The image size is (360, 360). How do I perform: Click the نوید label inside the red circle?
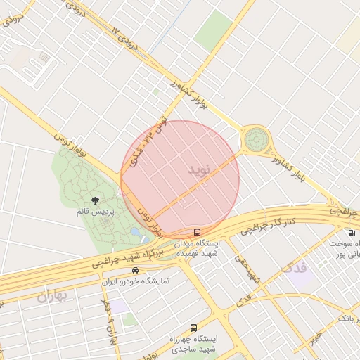coord(199,170)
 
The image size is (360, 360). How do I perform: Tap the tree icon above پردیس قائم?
coord(95,201)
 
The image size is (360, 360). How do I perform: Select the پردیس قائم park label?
coord(95,211)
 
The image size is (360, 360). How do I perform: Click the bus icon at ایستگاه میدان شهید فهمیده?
coord(196,231)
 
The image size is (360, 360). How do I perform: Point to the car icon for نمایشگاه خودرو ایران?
coord(135,270)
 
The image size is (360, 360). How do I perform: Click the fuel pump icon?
coord(350,233)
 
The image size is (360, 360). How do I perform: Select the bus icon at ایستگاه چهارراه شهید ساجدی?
coord(193,328)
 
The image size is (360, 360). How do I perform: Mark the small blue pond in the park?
coord(135,231)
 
